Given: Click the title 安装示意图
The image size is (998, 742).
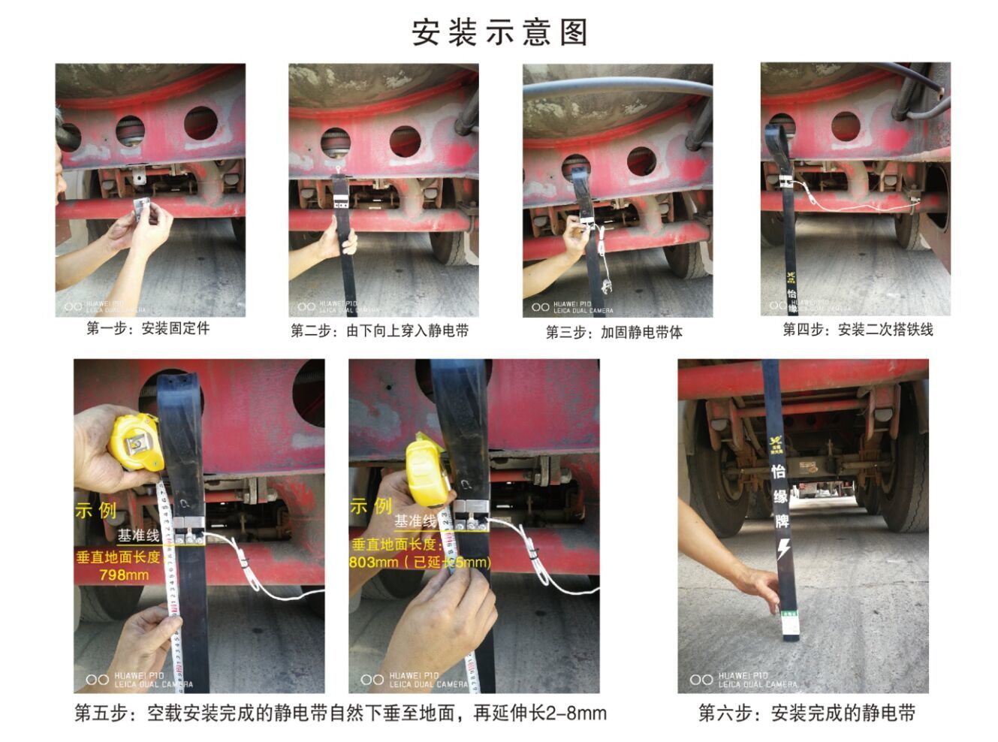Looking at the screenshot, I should (499, 32).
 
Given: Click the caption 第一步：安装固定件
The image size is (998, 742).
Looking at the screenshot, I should (148, 328).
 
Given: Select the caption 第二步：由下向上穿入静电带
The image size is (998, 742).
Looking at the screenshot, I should (380, 330).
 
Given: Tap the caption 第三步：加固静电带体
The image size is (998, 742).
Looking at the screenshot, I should (614, 332).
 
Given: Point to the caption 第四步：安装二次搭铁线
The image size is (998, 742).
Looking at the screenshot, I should (858, 329).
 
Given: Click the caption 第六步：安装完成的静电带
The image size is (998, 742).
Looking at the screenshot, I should (807, 713).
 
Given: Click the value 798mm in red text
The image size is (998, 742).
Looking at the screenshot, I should (124, 575).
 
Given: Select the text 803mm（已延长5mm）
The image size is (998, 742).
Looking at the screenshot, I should (421, 562).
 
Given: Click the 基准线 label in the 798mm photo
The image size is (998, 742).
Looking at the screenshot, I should (138, 535).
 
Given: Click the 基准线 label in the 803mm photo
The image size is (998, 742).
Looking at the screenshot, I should (415, 521).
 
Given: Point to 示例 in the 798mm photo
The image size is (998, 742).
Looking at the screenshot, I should (95, 510).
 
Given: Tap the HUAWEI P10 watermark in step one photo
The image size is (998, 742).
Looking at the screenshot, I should (105, 306).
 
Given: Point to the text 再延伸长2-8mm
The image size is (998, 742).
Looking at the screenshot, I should (539, 713).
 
